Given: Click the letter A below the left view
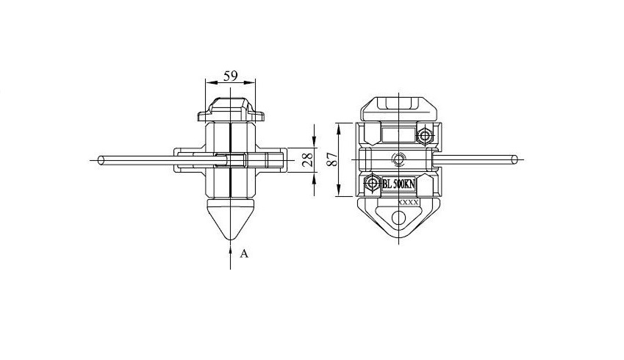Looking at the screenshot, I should click(x=244, y=253).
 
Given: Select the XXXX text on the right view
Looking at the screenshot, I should click(x=408, y=201).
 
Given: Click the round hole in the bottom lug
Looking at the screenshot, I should click(x=398, y=217).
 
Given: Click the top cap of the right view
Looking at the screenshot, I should click(x=398, y=105).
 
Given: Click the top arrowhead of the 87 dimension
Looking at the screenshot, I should click(x=339, y=126).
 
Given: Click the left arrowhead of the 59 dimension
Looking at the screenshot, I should click(x=207, y=82).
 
